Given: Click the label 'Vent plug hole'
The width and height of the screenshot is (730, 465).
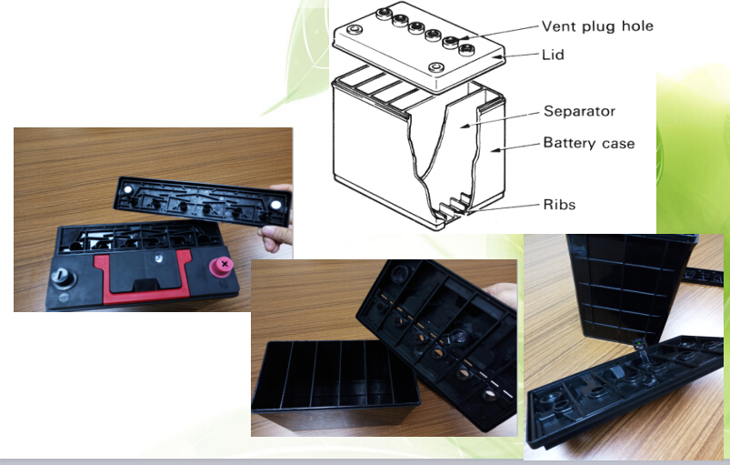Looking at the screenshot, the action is click(597, 26).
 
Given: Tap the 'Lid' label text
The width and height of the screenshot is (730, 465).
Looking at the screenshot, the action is click(553, 55).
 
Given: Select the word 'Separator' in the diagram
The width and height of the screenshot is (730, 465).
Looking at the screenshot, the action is click(579, 111).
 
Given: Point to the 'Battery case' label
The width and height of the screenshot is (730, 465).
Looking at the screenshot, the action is click(589, 143).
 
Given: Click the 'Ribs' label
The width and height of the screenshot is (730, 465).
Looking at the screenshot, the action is click(559, 205).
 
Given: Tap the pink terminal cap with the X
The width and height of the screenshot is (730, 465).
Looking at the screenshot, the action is click(222, 267).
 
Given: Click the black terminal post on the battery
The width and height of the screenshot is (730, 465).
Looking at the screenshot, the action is click(62, 278).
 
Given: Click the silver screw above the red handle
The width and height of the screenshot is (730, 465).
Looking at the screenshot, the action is click(159, 258).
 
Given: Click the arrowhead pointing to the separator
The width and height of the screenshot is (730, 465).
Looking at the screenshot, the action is click(466, 125).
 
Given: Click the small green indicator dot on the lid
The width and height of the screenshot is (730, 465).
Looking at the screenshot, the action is click(640, 344).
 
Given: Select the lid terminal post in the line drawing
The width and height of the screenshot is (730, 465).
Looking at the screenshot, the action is click(435, 67).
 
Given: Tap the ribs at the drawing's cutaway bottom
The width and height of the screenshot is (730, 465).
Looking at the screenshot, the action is click(452, 206).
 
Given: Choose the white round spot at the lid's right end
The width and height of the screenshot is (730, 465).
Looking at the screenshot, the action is click(275, 205).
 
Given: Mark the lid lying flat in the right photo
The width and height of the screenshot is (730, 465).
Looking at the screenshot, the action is click(624, 389).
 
